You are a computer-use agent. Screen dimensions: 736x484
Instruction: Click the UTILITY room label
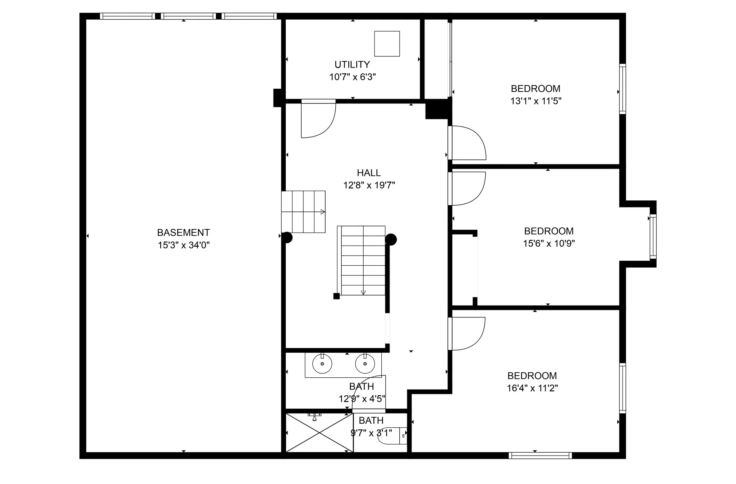(x=352, y=65)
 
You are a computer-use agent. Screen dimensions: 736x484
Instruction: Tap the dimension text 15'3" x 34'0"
(x=184, y=245)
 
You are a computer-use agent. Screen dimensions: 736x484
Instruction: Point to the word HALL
(x=369, y=173)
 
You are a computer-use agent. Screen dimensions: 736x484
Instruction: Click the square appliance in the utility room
(x=387, y=44)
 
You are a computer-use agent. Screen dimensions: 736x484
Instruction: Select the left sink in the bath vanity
(x=322, y=364)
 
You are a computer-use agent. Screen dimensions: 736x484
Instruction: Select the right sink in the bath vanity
(x=365, y=364)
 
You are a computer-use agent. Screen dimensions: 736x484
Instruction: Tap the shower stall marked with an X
(x=319, y=433)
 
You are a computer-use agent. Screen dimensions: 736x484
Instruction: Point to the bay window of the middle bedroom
(x=653, y=237)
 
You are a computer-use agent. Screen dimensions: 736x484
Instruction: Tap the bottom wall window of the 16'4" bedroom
(x=540, y=456)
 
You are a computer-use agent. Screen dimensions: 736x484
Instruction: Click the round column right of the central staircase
(x=391, y=239)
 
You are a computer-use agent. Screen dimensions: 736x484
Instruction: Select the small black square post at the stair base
(x=336, y=296)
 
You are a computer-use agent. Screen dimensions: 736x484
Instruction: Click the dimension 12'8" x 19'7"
(x=369, y=185)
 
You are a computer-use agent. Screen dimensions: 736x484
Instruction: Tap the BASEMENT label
(x=183, y=233)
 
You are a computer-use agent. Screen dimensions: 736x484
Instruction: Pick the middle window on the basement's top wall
(x=188, y=16)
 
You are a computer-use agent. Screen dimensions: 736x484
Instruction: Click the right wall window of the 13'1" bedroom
(x=623, y=89)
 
